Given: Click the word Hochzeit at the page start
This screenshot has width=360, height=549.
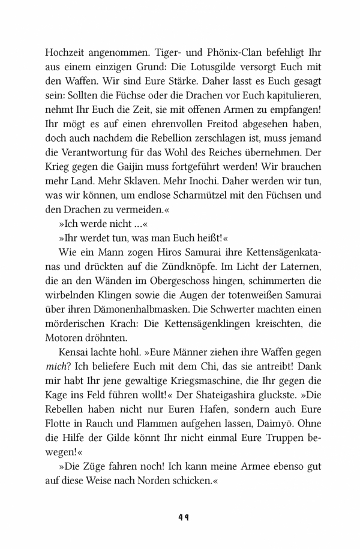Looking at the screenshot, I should (66, 52).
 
